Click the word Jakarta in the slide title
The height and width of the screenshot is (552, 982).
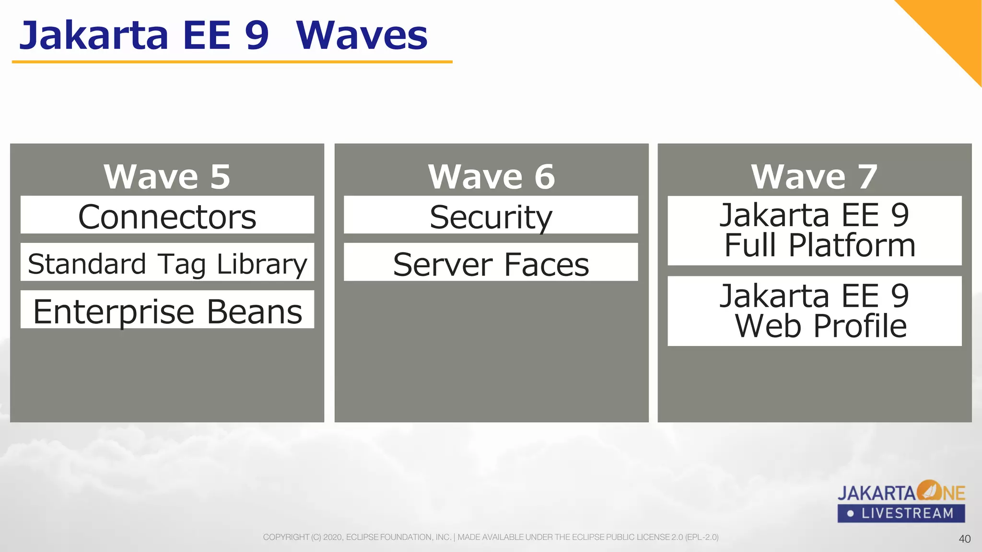click(94, 35)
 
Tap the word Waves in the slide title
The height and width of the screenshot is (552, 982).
click(362, 35)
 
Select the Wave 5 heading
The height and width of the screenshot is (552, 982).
click(167, 176)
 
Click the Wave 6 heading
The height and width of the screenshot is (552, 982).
click(491, 176)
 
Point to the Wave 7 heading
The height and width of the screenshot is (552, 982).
click(814, 176)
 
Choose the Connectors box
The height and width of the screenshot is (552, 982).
click(167, 215)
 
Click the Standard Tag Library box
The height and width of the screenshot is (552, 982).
click(167, 262)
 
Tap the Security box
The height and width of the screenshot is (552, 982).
click(491, 215)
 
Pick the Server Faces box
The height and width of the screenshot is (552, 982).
click(491, 262)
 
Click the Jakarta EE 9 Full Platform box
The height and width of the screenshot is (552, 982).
click(815, 230)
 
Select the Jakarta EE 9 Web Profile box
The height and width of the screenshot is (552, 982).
click(815, 311)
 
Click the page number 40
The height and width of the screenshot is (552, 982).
click(965, 539)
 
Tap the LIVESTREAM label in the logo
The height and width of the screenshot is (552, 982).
click(907, 514)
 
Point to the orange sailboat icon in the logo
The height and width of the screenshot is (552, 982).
click(929, 491)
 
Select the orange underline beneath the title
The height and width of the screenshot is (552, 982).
click(232, 62)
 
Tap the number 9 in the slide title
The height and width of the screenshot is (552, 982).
click(257, 35)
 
